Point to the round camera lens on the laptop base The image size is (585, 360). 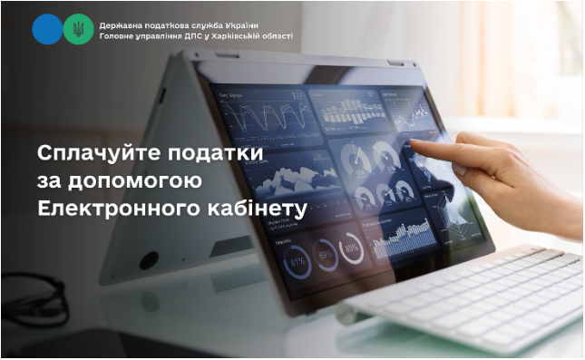point(149,260)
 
